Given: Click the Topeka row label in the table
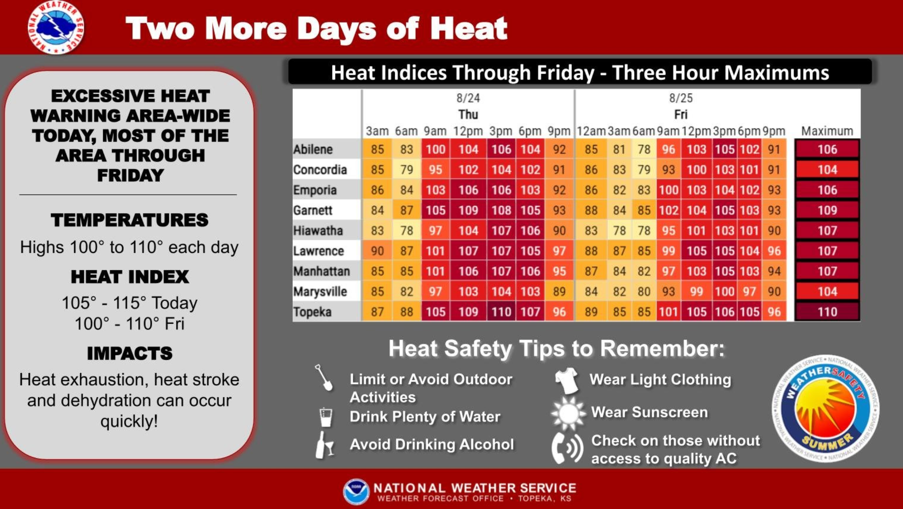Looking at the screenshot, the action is pyautogui.click(x=312, y=312).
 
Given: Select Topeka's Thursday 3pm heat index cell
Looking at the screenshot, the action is pyautogui.click(x=501, y=312).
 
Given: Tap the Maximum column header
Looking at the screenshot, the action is pyautogui.click(x=827, y=131).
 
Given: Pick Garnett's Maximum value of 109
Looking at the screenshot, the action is pyautogui.click(x=827, y=210).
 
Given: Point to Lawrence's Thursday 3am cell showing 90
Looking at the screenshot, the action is pyautogui.click(x=377, y=251).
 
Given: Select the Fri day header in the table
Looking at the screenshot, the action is pyautogui.click(x=681, y=114).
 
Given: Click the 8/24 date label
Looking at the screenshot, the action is pyautogui.click(x=468, y=98).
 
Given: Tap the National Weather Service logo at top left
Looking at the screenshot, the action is pyautogui.click(x=56, y=28).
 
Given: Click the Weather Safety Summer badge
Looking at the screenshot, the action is pyautogui.click(x=826, y=408).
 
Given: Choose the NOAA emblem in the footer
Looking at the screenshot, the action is pyautogui.click(x=356, y=491).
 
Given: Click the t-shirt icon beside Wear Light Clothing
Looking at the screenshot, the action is pyautogui.click(x=567, y=380).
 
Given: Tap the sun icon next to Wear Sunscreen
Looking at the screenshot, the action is pyautogui.click(x=568, y=413).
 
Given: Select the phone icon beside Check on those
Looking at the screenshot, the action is pyautogui.click(x=567, y=448).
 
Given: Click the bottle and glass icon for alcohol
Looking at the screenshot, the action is pyautogui.click(x=324, y=445).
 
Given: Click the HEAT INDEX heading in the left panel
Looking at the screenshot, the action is pyautogui.click(x=130, y=277).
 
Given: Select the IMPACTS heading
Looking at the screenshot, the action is pyautogui.click(x=130, y=353).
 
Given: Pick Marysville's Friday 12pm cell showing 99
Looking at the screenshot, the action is pyautogui.click(x=696, y=292).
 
